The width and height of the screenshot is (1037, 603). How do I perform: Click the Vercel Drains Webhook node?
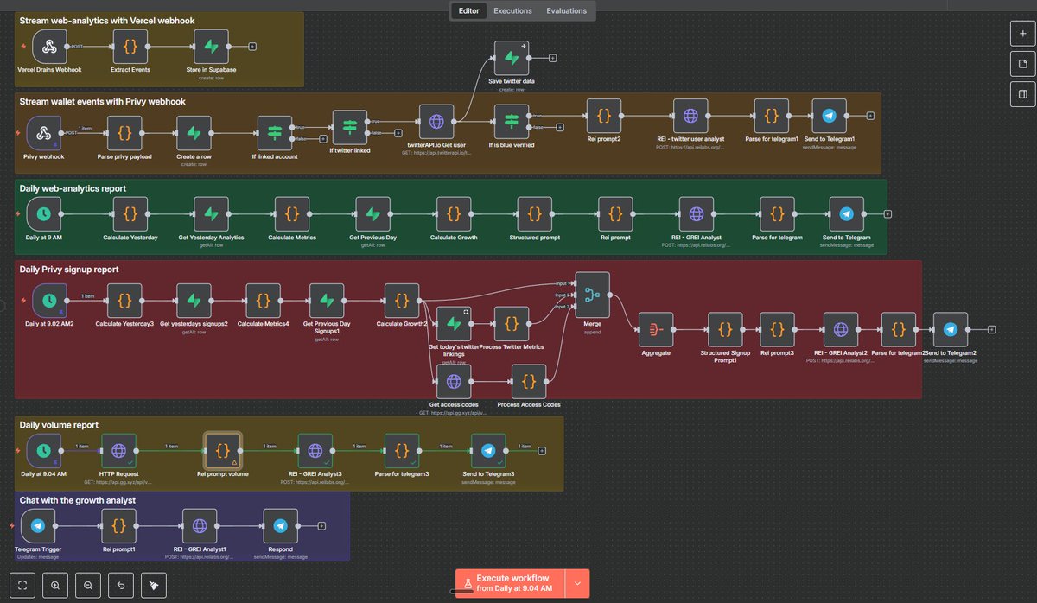50,47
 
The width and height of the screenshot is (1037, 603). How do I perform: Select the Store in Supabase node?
211,47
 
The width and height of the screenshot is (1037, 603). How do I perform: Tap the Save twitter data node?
511,58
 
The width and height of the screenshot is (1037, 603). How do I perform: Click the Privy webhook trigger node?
43,133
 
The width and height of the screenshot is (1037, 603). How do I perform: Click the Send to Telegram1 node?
830,116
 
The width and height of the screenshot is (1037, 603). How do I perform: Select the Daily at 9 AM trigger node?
43,214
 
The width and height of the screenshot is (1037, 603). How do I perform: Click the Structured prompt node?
535,214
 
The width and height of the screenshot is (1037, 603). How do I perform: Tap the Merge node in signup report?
592,295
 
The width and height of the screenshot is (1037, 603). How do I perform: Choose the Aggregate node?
656,330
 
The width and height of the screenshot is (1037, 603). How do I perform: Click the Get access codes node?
454,381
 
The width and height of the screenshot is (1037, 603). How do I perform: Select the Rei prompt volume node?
223,450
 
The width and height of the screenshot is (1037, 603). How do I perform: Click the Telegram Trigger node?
38,525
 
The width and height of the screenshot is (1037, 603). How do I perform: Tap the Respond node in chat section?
280,525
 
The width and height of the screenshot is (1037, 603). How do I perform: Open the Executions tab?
512,11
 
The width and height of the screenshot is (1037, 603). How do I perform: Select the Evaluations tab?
566,11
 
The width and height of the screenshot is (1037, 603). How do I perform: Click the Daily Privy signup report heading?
69,270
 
